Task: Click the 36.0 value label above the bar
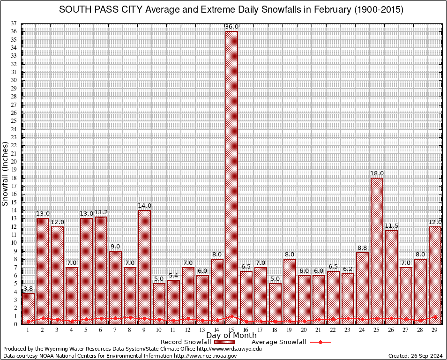coord(231,27)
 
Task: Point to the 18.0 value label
coord(377,173)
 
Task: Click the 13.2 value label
coord(101,212)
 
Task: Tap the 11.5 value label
coord(391,226)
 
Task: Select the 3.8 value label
coord(28,289)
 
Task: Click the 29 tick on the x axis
coord(435,330)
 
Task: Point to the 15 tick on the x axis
coord(231,330)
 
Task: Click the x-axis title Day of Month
coord(231,336)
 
